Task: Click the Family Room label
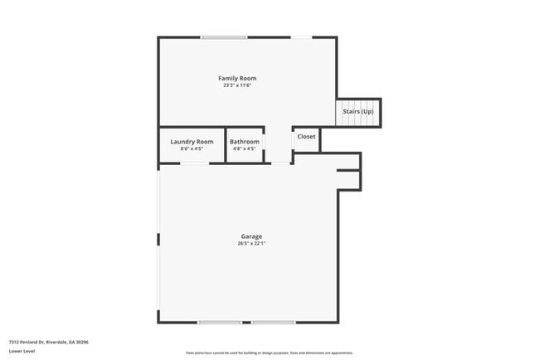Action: tap(237, 78)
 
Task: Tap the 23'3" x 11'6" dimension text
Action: tap(237, 85)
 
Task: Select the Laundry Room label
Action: tap(192, 142)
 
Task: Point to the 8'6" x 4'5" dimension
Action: tap(192, 149)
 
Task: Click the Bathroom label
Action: tap(245, 142)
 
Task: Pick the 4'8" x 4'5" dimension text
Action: tap(245, 149)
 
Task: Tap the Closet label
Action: tap(306, 136)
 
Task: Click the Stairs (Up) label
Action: tap(358, 111)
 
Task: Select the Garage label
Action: tap(252, 236)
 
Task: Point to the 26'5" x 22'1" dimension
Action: tap(252, 244)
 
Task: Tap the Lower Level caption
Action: tap(22, 351)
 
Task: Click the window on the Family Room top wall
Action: tap(223, 36)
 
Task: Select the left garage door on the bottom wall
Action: tap(219, 322)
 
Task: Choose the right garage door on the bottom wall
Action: tap(274, 322)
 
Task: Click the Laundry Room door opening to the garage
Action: tap(195, 163)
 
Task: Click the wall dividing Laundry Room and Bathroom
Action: tap(226, 144)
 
